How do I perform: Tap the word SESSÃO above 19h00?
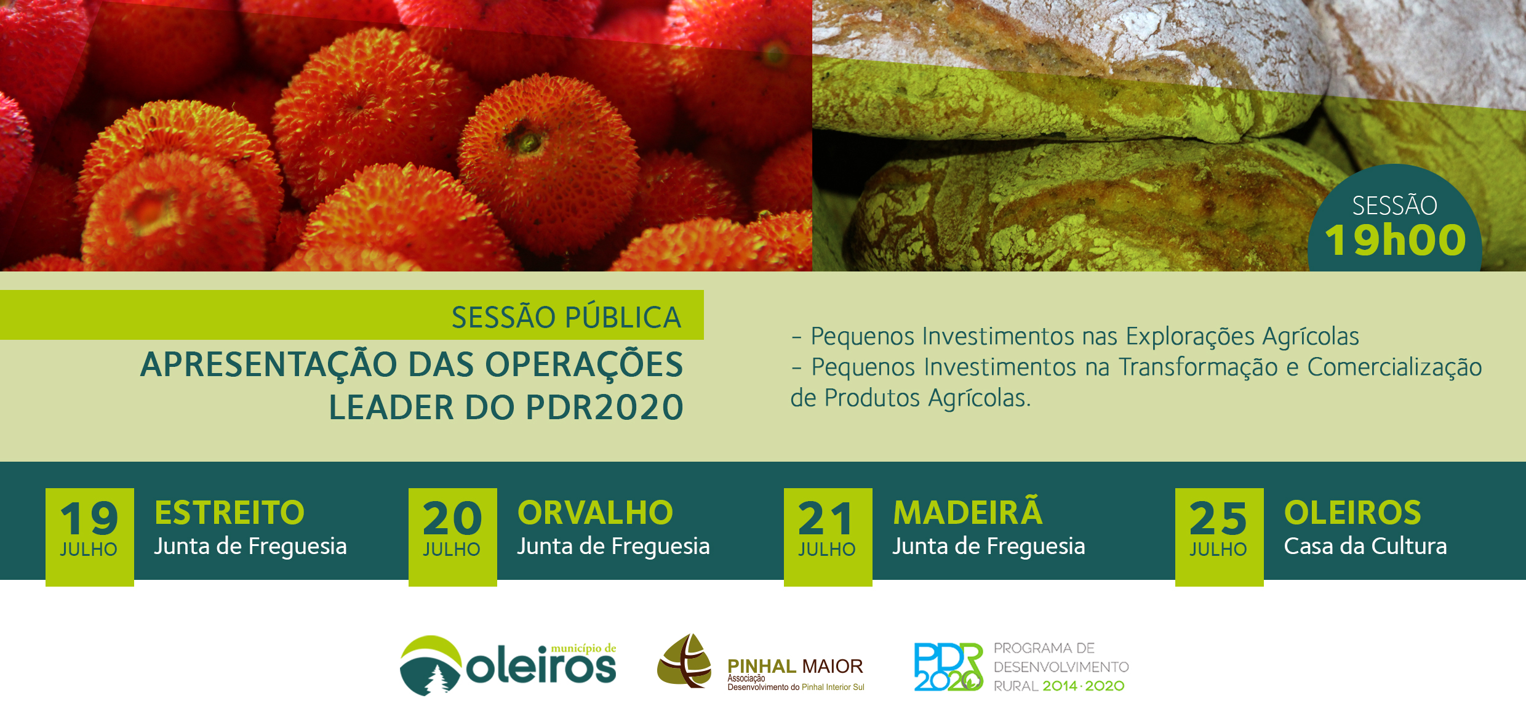coord(1394,206)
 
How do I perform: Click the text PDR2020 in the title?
coord(605,407)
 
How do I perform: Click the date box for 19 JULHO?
coord(90,537)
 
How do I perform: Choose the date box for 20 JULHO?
coord(453,537)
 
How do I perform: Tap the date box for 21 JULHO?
coord(828,537)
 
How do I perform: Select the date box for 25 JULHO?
coord(1220,537)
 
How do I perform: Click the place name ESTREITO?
coord(230,512)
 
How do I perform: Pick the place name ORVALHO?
coord(595,512)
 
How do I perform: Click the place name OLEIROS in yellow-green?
coord(1352,512)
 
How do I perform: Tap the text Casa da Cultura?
coord(1365,546)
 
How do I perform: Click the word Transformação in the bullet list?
coord(1198,368)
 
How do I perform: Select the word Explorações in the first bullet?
coord(1190,337)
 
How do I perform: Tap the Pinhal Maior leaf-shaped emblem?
coord(684,661)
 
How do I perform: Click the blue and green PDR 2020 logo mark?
coord(948,667)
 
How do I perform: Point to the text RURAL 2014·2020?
coord(1059,686)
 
